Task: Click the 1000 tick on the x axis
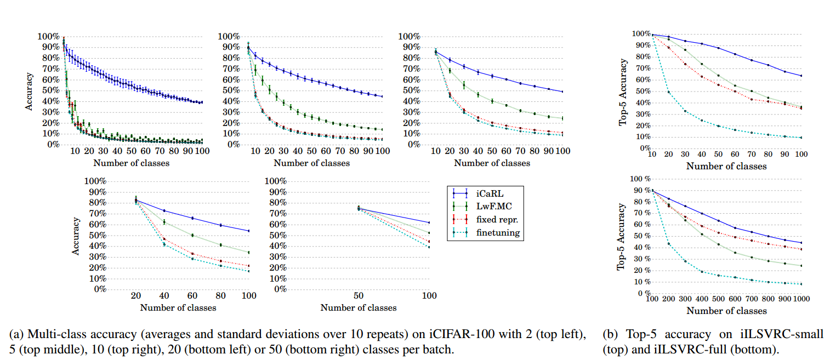[800, 299]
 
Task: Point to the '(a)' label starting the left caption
[14, 334]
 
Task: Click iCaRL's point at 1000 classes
[801, 243]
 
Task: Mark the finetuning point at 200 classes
[668, 243]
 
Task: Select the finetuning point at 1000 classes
[801, 284]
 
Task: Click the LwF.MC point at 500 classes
[718, 244]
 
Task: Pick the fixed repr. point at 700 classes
[752, 241]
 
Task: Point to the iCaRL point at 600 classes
[735, 228]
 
